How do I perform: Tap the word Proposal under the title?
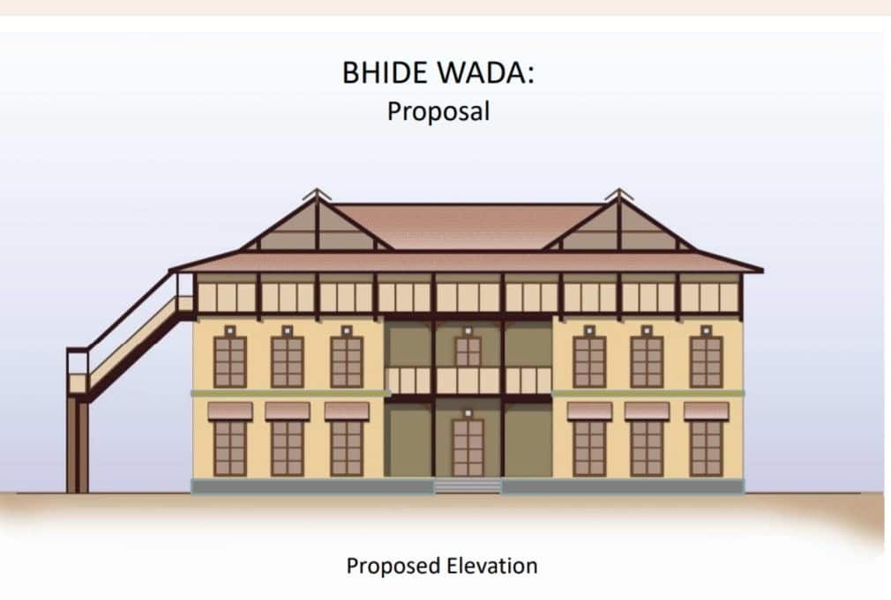click(x=438, y=112)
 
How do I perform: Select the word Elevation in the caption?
click(x=494, y=565)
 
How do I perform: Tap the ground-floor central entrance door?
click(x=468, y=447)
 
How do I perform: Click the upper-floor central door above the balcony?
click(x=468, y=352)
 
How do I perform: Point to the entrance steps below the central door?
click(x=468, y=485)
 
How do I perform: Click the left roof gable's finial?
click(x=317, y=193)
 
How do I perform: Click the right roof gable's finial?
click(x=618, y=193)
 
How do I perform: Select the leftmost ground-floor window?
click(x=230, y=448)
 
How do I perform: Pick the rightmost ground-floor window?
click(x=706, y=448)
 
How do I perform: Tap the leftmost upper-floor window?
click(x=230, y=361)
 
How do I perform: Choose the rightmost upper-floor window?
click(x=706, y=361)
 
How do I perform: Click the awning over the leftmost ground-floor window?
click(x=230, y=411)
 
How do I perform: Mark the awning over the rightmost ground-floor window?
click(x=706, y=411)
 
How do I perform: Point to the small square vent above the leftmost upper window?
click(x=230, y=330)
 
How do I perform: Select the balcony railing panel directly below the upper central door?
click(x=468, y=381)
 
